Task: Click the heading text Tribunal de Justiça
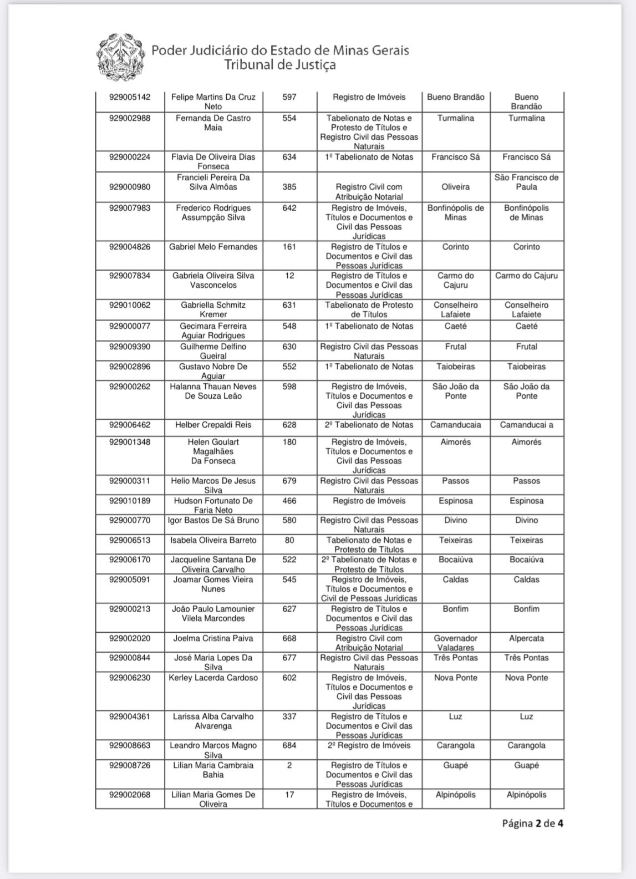click(x=279, y=65)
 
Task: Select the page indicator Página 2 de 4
click(x=532, y=823)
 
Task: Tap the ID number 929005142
click(x=129, y=97)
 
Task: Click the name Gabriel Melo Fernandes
click(x=213, y=247)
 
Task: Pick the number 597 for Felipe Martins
click(x=289, y=97)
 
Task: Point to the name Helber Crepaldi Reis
click(x=213, y=425)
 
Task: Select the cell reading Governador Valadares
click(x=455, y=643)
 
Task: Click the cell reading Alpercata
click(x=526, y=638)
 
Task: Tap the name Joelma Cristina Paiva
click(x=213, y=638)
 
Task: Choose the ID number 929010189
click(x=129, y=501)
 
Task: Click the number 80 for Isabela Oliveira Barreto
click(x=289, y=540)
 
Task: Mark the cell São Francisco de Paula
click(x=526, y=182)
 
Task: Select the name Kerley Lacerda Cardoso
click(x=213, y=678)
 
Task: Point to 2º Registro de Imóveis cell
click(x=369, y=745)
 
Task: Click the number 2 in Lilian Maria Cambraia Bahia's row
click(x=289, y=765)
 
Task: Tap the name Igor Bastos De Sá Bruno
click(x=213, y=520)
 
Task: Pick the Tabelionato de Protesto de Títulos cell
click(x=369, y=309)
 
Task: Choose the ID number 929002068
click(x=129, y=795)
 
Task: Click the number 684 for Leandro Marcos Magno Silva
click(x=289, y=745)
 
